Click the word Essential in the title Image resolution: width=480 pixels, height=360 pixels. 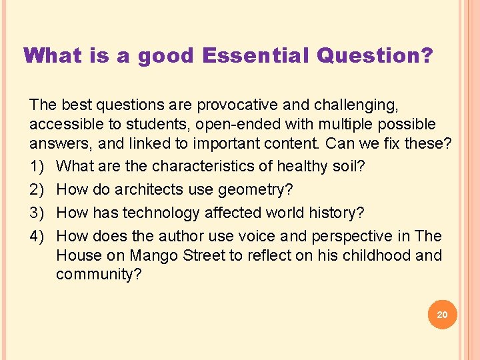pyautogui.click(x=256, y=55)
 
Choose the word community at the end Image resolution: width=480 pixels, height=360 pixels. pyautogui.click(x=98, y=275)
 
